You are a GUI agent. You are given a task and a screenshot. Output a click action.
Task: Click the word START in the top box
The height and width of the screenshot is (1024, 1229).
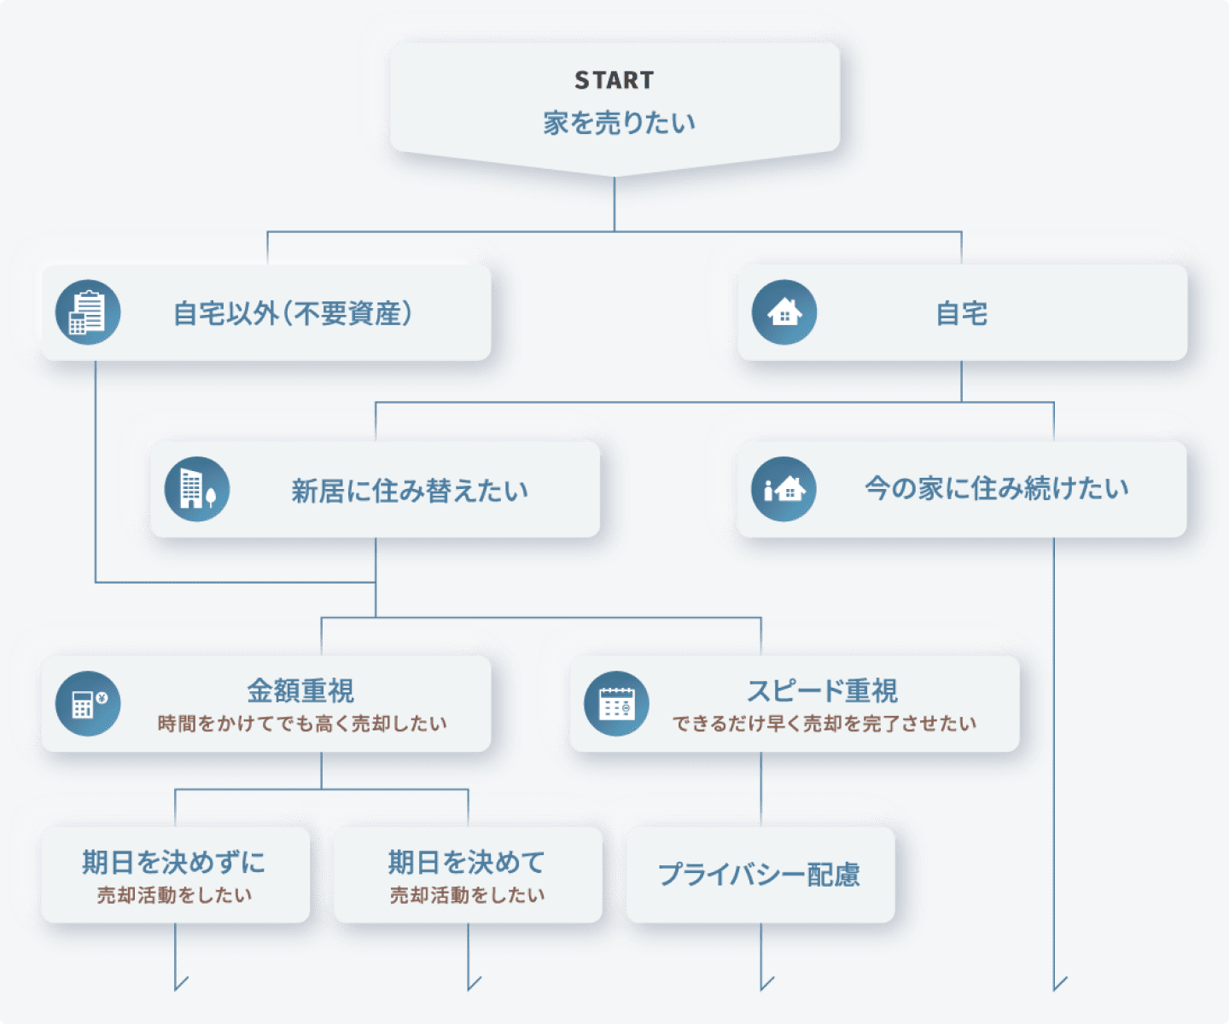(x=614, y=80)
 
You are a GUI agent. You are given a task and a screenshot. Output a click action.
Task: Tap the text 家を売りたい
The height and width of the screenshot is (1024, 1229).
(x=619, y=123)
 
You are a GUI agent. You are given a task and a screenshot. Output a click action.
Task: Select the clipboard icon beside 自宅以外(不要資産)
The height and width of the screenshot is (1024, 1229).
(x=88, y=312)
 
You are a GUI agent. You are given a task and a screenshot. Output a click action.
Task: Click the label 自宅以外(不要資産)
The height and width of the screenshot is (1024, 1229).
(x=293, y=313)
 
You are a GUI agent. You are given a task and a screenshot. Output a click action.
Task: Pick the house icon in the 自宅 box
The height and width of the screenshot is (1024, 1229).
(x=784, y=312)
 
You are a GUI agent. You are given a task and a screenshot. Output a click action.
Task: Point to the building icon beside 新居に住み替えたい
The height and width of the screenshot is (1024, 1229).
(x=197, y=489)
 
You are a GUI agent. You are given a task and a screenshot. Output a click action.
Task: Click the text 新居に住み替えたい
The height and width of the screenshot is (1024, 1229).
(x=410, y=491)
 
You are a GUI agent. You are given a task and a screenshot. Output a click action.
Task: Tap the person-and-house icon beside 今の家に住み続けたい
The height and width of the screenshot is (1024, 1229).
(x=783, y=489)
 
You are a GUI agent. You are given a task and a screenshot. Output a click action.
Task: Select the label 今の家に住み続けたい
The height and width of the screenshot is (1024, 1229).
(x=996, y=488)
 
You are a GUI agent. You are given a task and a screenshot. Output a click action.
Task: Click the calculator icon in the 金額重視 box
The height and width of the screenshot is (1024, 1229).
(x=88, y=703)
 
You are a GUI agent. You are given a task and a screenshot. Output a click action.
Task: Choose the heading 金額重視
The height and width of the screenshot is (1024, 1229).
(x=300, y=690)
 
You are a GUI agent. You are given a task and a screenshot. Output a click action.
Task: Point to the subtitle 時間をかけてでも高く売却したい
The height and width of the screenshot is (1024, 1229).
(x=302, y=724)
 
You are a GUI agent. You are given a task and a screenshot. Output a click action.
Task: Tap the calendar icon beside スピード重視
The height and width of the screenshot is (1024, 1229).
(x=616, y=703)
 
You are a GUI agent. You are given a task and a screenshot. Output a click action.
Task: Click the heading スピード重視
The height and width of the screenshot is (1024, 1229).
(x=822, y=690)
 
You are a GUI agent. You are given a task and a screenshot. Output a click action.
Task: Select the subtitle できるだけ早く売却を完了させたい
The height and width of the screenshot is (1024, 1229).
(x=824, y=724)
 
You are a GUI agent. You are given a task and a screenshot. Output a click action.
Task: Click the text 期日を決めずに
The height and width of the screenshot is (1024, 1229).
(x=174, y=862)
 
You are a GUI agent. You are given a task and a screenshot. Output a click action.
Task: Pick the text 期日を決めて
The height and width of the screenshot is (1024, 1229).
(x=466, y=862)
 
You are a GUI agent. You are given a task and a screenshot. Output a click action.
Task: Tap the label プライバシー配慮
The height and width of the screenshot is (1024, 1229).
(x=759, y=875)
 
